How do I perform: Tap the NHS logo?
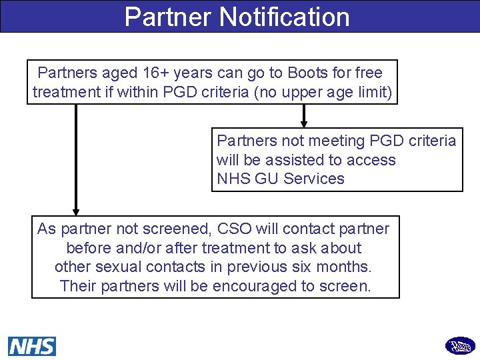32,346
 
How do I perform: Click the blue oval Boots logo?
460,346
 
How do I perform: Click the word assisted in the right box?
293,160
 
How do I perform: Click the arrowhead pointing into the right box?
304,123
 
